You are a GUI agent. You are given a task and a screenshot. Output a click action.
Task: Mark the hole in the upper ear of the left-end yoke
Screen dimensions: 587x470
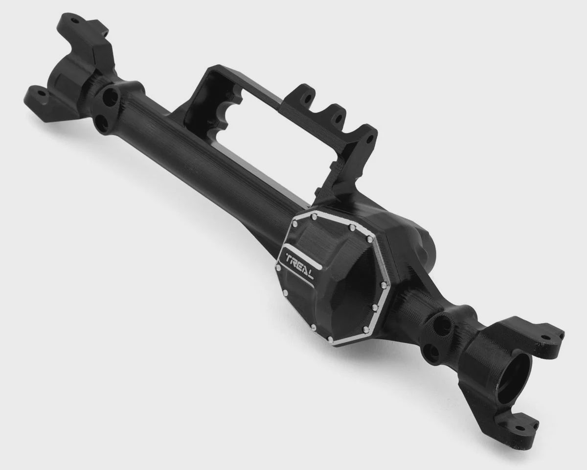coord(74,21)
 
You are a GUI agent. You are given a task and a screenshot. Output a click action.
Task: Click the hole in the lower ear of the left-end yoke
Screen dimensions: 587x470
coord(42,93)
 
